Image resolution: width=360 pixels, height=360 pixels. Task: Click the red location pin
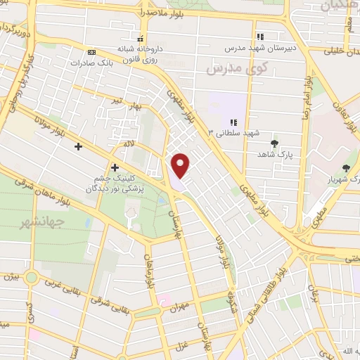(181, 165)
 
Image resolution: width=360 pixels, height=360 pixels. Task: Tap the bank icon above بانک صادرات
(91, 52)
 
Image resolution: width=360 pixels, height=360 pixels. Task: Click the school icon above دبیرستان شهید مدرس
(260, 37)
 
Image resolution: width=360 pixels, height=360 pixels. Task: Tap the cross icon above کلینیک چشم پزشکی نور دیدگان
(115, 167)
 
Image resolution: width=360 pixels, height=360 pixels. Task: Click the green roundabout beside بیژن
(30, 276)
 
